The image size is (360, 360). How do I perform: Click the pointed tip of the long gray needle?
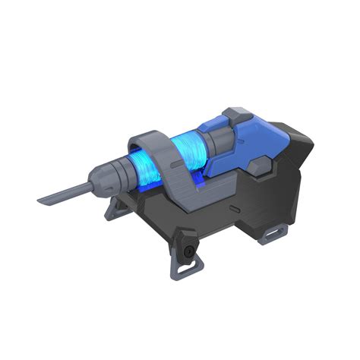40,201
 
